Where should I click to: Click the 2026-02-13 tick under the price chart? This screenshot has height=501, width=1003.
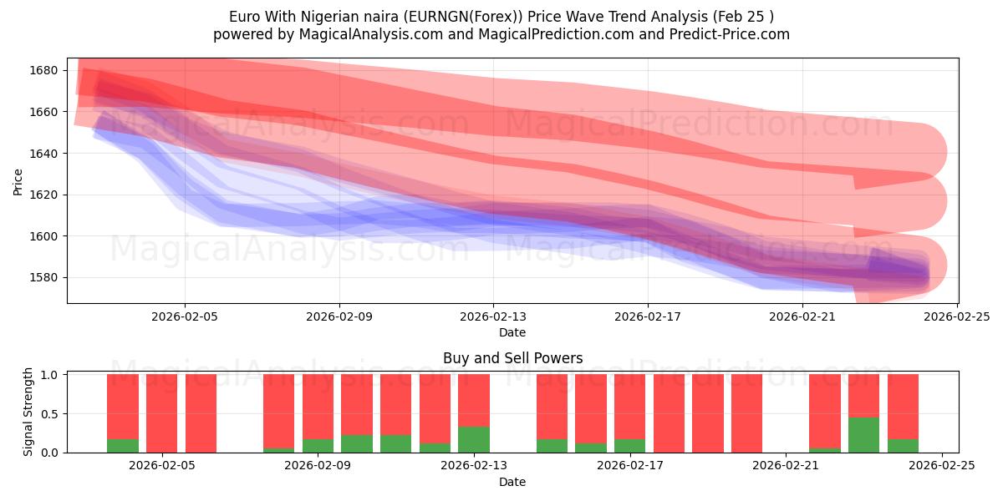(x=493, y=316)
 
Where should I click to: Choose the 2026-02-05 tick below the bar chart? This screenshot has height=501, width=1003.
(x=162, y=466)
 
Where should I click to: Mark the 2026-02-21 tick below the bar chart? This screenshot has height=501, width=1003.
(x=787, y=466)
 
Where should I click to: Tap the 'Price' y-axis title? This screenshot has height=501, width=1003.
(x=18, y=180)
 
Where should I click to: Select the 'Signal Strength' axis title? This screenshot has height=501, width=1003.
(x=28, y=412)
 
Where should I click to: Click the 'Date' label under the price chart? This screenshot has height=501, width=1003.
(x=512, y=332)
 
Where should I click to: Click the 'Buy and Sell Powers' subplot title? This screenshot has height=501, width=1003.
(x=512, y=358)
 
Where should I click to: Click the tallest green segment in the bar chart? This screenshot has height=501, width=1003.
(x=863, y=435)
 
